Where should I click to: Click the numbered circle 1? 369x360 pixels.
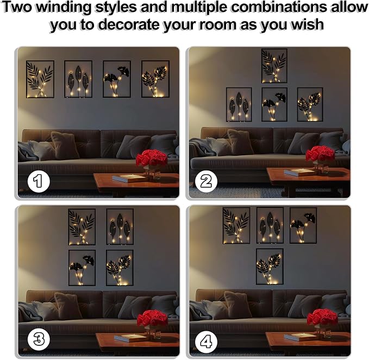(39, 181)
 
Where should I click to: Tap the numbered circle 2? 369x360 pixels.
(207, 181)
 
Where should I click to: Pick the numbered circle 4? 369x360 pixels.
(207, 342)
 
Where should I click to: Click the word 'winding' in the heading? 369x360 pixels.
(64, 8)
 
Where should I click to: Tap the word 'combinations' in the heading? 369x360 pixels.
(278, 7)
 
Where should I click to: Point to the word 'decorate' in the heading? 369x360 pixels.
(128, 24)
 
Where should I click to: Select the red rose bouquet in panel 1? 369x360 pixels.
(152, 158)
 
